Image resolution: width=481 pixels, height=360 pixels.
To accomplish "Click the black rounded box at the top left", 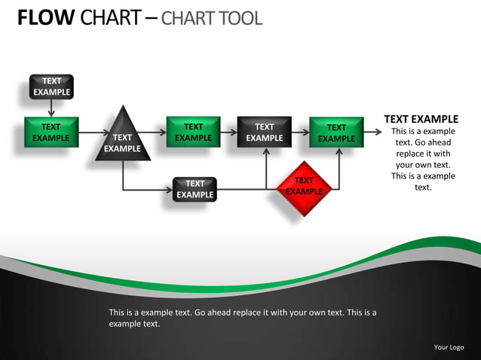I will (51, 87).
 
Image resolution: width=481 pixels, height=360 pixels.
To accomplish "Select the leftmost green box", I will (51, 133).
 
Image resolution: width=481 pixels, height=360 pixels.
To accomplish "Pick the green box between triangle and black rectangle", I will (193, 132).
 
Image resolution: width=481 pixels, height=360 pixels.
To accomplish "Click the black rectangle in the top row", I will (264, 132).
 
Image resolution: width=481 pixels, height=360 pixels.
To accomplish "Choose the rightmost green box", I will (336, 133).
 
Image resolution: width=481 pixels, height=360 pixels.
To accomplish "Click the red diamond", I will (304, 188).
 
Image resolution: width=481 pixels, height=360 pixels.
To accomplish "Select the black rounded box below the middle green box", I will (195, 189).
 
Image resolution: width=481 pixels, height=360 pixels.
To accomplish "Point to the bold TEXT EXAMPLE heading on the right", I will (421, 119).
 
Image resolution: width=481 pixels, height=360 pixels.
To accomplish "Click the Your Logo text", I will (449, 347).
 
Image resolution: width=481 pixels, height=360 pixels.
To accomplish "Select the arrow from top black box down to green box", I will (51, 108).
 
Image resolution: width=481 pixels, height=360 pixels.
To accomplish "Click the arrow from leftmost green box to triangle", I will (93, 133).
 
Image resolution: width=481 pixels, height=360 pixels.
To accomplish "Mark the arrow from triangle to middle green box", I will (154, 133).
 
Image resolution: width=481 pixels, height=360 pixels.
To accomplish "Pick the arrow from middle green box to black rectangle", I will (228, 133).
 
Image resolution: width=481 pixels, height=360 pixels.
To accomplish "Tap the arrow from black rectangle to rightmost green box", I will (300, 133).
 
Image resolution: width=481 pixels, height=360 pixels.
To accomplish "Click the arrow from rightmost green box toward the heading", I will (372, 133).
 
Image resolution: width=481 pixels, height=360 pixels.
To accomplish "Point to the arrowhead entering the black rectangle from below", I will (266, 151).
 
